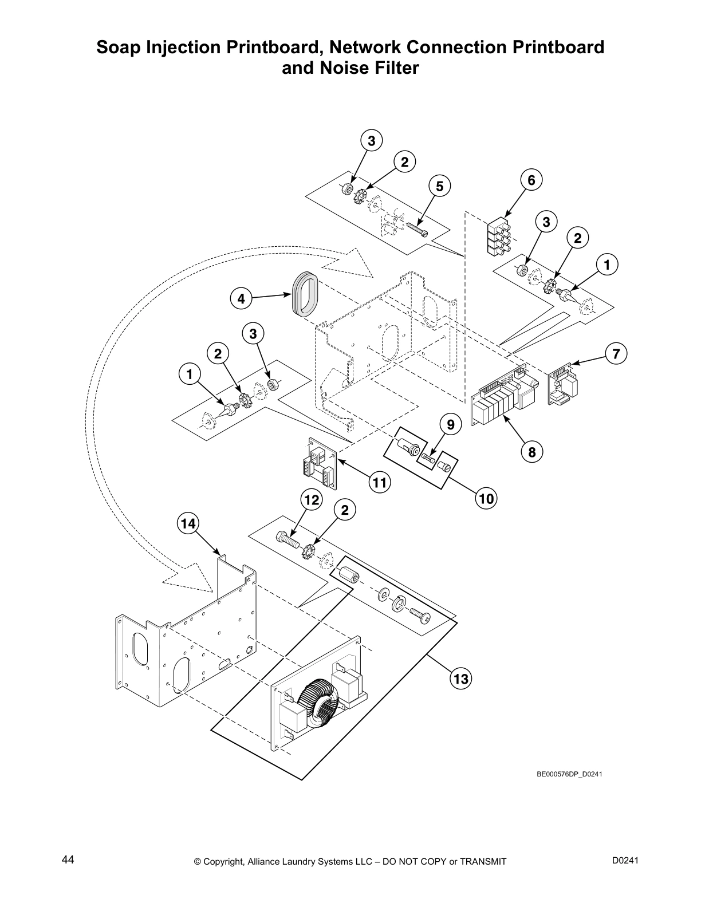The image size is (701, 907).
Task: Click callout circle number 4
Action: click(x=241, y=298)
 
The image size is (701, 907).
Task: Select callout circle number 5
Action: click(x=439, y=186)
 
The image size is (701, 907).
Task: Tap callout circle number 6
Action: click(x=531, y=180)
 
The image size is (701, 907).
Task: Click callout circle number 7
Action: click(x=616, y=354)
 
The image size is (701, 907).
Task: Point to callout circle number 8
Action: click(x=531, y=452)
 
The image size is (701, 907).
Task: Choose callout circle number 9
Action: click(x=451, y=425)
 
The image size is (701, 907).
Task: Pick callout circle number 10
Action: click(x=486, y=499)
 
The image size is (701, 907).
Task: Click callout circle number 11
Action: click(x=379, y=483)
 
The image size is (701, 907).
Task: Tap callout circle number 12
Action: click(x=310, y=500)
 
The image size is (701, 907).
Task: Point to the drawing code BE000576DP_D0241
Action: click(x=569, y=774)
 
